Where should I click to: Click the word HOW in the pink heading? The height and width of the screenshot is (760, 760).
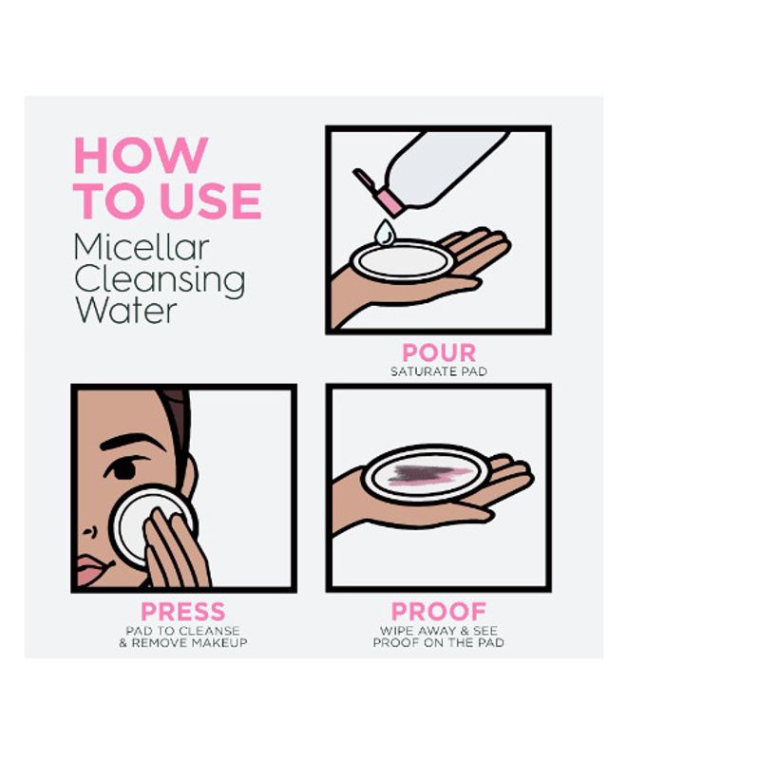click(141, 155)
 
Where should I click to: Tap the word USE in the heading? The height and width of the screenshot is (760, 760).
click(210, 200)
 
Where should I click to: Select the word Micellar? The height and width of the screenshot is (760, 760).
click(142, 247)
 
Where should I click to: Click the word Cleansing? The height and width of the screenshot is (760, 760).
click(160, 281)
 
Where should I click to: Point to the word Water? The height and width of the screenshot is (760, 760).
click(126, 311)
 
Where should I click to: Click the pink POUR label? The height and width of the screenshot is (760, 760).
click(439, 352)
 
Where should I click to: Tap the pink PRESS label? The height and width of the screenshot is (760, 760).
click(183, 612)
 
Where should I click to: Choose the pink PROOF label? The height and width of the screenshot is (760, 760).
click(439, 612)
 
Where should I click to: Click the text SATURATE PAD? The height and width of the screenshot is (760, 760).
click(439, 371)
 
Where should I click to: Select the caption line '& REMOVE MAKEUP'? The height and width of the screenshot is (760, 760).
click(183, 643)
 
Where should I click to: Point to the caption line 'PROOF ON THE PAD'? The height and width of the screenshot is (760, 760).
click(439, 643)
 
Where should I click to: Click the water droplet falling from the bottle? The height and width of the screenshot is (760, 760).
click(385, 232)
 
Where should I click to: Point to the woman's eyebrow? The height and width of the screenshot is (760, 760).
click(132, 441)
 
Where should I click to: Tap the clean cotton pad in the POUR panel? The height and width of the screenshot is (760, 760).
click(402, 261)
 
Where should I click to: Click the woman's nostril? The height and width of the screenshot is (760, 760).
click(88, 533)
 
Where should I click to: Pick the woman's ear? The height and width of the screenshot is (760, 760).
click(188, 477)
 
